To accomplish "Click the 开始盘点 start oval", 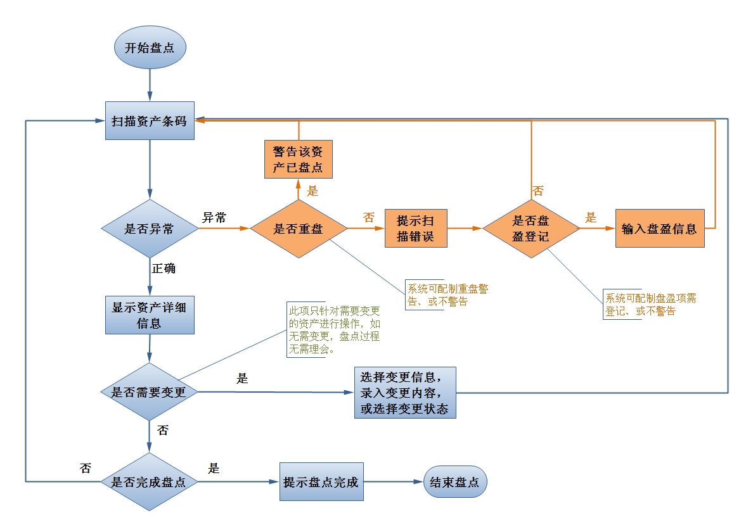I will point(150,47).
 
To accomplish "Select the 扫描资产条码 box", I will point(150,120).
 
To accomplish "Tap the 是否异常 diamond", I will point(150,229).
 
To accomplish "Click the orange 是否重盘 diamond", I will point(299,229).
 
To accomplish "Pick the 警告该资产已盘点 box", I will point(298,159).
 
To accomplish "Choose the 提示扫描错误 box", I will point(416,228).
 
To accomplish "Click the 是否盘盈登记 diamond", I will point(531,229).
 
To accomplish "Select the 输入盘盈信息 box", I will point(659,228).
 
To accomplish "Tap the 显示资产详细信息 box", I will point(150,315).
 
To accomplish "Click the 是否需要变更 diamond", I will point(150,391).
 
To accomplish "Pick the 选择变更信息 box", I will point(405,392).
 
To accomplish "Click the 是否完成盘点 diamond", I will point(150,482).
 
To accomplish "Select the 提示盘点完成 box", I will point(321,482).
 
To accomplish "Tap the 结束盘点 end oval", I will point(455,482).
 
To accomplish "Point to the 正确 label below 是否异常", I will point(164,268).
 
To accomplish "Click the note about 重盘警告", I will point(447,295).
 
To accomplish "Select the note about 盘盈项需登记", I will point(650,305).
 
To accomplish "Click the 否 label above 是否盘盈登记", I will point(537,190).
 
